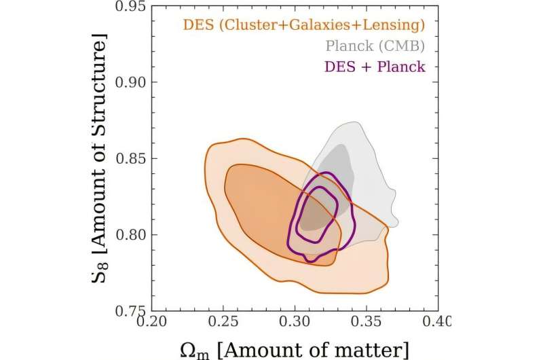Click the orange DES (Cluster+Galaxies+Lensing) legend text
[303, 26]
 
